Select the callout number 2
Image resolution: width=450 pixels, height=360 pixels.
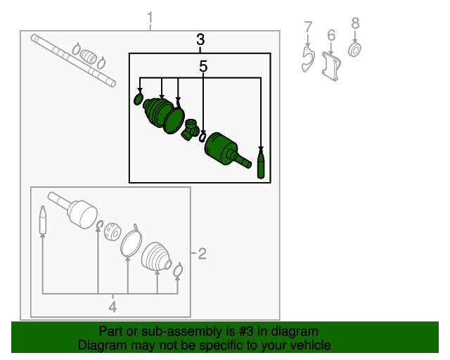[202, 254]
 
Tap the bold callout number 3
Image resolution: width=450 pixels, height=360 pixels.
[200, 39]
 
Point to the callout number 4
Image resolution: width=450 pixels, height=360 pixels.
[112, 307]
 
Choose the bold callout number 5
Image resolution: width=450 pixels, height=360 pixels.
[203, 67]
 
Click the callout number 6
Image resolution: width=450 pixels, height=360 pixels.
[331, 35]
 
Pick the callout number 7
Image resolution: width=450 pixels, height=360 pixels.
[308, 27]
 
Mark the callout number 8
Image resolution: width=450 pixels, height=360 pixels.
[355, 23]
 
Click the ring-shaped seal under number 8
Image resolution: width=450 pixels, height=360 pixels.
[354, 50]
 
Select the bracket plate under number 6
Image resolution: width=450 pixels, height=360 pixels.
[331, 67]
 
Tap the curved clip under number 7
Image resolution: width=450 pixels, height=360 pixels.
[307, 60]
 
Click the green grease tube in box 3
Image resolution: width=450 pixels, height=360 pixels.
[261, 164]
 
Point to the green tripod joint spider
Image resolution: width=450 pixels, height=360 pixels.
[191, 130]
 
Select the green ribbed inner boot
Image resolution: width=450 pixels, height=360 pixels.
[158, 112]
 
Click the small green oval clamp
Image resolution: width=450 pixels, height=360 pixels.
[139, 98]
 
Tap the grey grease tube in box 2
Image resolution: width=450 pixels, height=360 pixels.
[43, 219]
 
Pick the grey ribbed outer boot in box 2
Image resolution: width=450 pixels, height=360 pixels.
[155, 257]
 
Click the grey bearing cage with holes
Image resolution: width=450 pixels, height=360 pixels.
[112, 231]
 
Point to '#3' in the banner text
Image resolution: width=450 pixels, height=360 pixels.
[245, 331]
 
